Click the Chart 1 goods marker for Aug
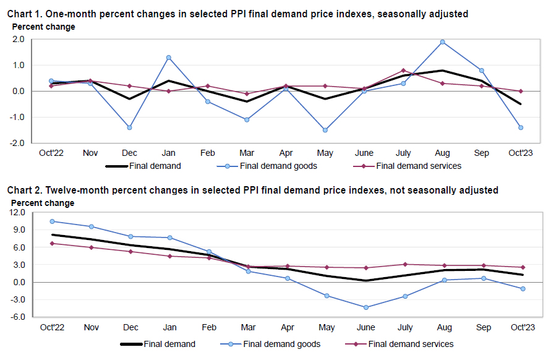pos(443,42)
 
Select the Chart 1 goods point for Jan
pos(168,58)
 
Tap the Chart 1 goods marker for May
pos(325,130)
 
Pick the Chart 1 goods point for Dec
pos(129,127)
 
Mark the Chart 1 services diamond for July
pos(403,71)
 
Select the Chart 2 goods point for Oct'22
pos(52,221)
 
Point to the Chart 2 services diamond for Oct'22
pos(52,243)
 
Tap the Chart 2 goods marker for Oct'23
pos(523,289)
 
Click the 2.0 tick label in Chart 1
pos(19,39)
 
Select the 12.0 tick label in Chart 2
pos(17,213)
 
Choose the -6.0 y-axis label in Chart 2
pos(17,317)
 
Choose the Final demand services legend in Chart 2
pos(411,344)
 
